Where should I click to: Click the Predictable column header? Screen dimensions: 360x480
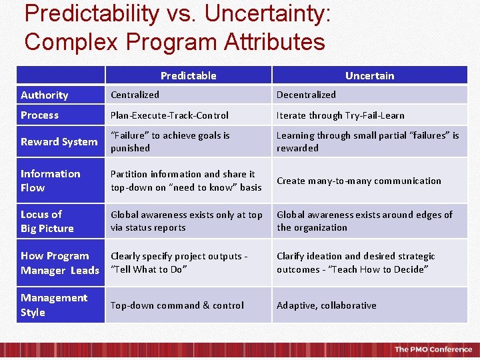188,75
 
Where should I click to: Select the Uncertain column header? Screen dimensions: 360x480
369,75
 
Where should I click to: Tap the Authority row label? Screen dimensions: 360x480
44,95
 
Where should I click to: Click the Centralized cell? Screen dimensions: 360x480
135,95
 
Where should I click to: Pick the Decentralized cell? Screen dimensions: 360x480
306,95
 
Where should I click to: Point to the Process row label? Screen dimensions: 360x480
39,115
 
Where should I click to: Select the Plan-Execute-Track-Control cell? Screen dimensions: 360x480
169,115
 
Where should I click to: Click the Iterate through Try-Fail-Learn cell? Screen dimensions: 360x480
340,115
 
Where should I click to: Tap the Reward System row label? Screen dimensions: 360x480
59,141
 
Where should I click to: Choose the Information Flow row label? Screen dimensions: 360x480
50,181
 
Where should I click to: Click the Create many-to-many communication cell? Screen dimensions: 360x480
359,181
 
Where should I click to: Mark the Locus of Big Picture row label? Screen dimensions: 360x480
47,221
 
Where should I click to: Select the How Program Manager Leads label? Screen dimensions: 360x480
59,263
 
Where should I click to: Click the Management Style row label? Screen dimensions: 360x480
53,305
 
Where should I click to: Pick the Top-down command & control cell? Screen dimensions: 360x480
177,305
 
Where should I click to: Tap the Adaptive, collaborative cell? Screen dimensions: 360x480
326,305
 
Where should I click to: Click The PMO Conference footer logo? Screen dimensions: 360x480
433,349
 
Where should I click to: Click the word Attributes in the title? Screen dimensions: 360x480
274,41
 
